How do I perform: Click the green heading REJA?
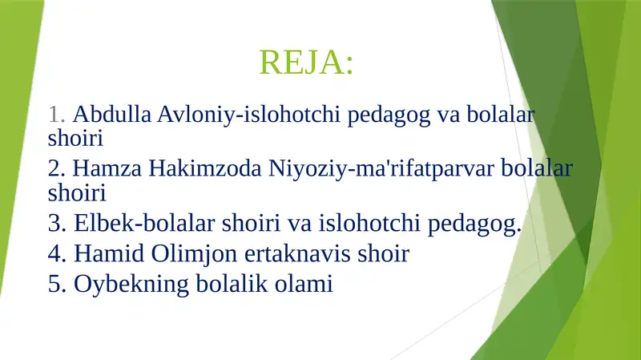(306, 62)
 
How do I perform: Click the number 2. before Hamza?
(57, 169)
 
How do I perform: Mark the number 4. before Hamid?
(57, 254)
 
